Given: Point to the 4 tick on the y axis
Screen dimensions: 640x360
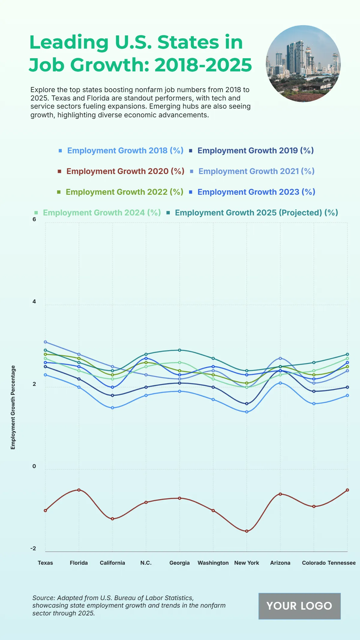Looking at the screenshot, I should [x=34, y=302].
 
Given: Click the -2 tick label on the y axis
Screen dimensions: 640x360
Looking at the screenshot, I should [x=33, y=548].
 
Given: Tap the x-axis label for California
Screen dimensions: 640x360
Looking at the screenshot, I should [x=112, y=563].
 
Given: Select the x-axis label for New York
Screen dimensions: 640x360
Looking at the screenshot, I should [x=247, y=563].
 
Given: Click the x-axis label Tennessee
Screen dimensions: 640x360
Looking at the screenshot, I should [x=341, y=563].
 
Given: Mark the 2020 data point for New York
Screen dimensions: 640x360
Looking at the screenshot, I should [x=247, y=531].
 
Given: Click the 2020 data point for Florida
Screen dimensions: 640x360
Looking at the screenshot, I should [x=79, y=490].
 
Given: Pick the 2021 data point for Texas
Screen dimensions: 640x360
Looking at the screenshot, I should [x=45, y=342].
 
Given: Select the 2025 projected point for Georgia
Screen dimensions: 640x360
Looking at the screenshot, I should [x=180, y=350].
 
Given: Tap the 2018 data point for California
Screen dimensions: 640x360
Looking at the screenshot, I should [x=112, y=408].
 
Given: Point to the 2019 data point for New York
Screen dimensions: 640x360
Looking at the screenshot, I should [x=247, y=404].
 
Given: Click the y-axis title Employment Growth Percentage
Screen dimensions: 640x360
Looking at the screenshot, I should [x=13, y=407].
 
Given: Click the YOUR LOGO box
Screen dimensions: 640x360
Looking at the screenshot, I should [x=299, y=606].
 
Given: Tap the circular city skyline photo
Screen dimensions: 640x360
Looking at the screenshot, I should [x=303, y=64].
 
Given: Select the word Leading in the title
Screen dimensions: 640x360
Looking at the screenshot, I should [x=69, y=42].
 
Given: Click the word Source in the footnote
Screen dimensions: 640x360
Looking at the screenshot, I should [x=43, y=598].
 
